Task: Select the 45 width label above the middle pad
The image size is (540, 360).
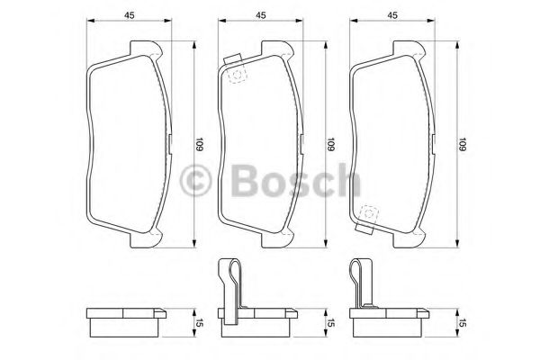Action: [x=261, y=13]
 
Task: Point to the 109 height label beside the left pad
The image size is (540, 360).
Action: [x=202, y=143]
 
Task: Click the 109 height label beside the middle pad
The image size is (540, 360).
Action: [x=332, y=143]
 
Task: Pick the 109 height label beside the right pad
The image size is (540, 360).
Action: [x=463, y=143]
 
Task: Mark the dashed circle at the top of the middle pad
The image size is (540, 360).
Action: [x=237, y=76]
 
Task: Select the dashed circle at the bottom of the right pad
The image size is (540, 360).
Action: [x=367, y=213]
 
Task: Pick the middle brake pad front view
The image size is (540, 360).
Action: [x=261, y=144]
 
